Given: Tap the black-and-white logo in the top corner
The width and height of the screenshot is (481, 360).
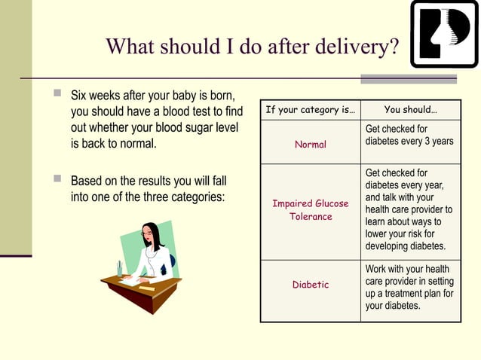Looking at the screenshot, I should pos(445,34).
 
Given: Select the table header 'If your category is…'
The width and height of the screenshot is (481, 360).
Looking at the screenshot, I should pos(310,110).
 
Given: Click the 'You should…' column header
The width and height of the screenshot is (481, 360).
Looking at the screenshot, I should pos(410,110).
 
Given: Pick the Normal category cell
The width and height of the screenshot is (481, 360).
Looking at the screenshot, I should pos(310,144).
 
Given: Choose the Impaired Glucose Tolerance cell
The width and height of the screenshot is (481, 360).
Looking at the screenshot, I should pos(310,210).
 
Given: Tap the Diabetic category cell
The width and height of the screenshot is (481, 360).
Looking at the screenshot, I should pos(310,285).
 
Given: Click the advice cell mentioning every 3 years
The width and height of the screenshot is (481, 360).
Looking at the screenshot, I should pos(409,136).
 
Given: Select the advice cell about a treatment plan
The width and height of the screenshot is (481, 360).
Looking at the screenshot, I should pos(409,287).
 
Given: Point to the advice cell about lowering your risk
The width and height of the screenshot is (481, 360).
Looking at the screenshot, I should pos(409,210).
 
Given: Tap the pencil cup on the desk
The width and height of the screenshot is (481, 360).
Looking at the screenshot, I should pos(120,269).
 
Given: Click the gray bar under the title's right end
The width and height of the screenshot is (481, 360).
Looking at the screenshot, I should pos(408,78).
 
